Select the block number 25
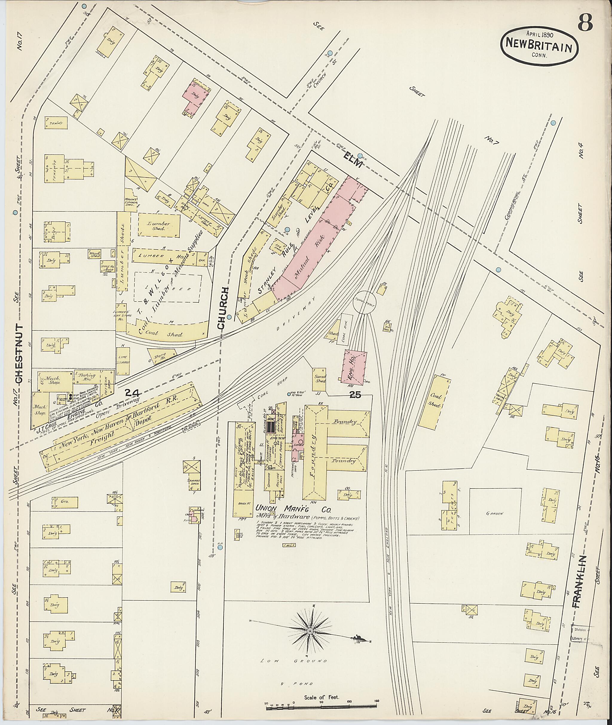356,394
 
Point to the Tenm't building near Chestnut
56,123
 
